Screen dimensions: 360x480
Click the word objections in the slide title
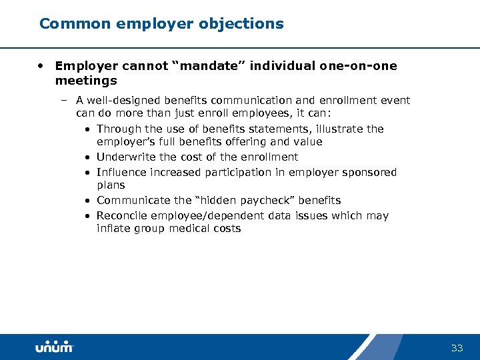[247, 24]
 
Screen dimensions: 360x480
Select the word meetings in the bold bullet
[86, 81]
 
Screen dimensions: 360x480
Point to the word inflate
[113, 229]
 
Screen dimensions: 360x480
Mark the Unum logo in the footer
[55, 347]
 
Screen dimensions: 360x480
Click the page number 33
[457, 348]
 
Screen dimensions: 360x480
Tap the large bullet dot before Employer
[41, 66]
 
